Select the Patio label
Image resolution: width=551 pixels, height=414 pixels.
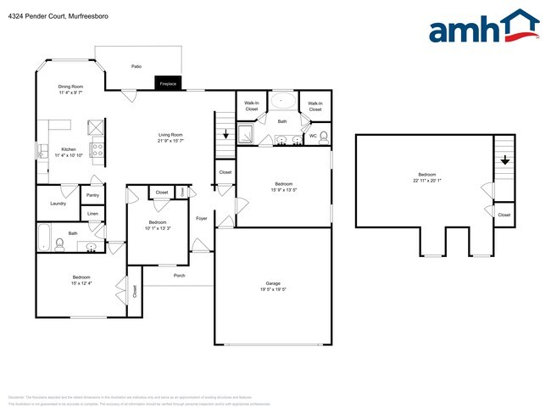tap(136, 65)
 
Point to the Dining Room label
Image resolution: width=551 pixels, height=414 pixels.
tap(70, 87)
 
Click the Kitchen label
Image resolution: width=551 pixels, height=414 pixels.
tap(69, 148)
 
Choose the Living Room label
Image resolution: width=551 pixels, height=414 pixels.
tap(170, 135)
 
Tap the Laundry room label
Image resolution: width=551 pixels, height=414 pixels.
tap(58, 204)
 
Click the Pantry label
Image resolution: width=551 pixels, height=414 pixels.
tap(92, 195)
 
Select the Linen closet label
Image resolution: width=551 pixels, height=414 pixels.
tap(92, 214)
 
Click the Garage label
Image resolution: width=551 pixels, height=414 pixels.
tap(273, 283)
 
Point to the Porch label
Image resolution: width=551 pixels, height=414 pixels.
tap(179, 276)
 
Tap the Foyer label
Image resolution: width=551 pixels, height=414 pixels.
tap(202, 219)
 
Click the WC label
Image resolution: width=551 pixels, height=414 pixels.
tap(313, 135)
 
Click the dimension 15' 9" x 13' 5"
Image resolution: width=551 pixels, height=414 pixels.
tap(283, 190)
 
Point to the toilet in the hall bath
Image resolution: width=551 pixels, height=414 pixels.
tap(59, 245)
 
